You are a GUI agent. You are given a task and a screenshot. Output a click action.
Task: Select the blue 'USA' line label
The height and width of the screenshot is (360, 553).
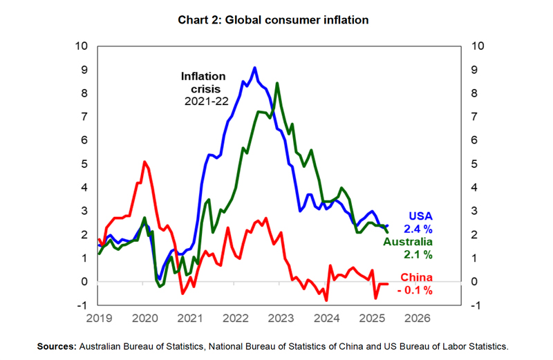420,215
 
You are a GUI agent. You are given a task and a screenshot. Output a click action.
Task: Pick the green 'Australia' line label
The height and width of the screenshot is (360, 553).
409,242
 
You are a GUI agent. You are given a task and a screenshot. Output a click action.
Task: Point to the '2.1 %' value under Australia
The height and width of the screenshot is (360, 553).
419,255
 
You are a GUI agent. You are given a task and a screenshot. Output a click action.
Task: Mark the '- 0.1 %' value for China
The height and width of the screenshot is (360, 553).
415,290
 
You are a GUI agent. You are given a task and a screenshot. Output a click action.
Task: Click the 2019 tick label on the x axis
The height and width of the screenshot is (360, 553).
99,319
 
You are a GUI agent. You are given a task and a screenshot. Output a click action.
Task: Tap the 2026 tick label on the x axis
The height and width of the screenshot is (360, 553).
418,319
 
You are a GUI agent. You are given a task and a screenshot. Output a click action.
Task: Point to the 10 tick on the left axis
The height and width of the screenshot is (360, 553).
83,46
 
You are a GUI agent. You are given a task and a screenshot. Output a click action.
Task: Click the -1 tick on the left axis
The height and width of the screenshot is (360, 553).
83,305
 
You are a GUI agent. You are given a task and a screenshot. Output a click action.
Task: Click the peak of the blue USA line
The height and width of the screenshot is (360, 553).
255,68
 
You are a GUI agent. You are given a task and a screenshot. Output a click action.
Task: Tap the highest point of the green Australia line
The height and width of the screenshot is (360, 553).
277,84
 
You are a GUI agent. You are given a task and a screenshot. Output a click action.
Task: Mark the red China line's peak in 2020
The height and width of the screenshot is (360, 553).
144,162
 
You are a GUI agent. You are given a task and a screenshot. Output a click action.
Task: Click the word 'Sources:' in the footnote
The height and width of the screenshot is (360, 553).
57,345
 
